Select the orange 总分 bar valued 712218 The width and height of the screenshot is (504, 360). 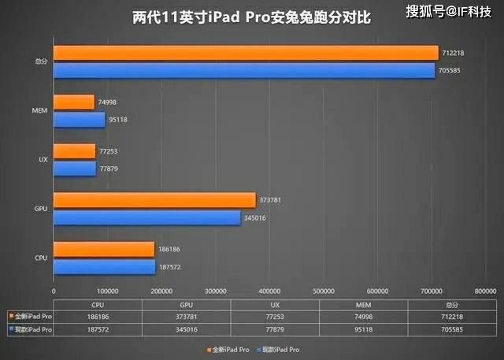tap(245, 53)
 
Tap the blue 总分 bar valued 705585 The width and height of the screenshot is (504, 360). tap(243, 70)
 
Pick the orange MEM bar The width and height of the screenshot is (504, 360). tap(74, 102)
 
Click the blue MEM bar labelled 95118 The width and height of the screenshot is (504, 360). tap(80, 120)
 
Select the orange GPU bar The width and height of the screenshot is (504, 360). tap(154, 200)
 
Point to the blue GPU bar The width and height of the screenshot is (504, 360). tap(146, 217)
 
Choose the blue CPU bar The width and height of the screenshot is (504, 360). tap(104, 267)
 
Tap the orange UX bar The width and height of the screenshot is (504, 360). tap(75, 150)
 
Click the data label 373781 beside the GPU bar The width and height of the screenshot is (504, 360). tap(270, 200)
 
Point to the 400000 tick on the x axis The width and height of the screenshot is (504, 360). tap(269, 291)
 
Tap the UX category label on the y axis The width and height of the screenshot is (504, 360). tap(43, 159)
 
